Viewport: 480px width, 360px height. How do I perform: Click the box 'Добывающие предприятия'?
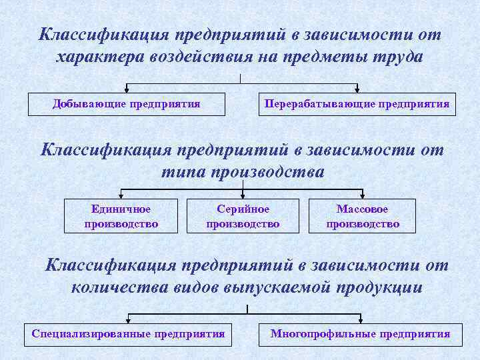(x=127, y=105)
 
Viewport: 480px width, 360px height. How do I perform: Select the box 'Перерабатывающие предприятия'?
(x=357, y=105)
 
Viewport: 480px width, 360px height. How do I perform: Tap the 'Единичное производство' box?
(x=121, y=216)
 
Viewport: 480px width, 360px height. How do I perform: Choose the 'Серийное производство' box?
(x=243, y=216)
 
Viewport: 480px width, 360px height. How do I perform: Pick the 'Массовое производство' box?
(x=362, y=216)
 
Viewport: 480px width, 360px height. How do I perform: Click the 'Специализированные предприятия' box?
(x=128, y=334)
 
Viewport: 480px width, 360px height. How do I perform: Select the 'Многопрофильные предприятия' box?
(x=360, y=334)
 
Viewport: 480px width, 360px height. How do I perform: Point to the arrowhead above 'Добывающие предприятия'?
(x=127, y=89)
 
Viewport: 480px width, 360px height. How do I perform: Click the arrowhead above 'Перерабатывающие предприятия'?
(x=358, y=89)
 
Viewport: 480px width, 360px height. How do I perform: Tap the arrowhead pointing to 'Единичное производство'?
(x=121, y=195)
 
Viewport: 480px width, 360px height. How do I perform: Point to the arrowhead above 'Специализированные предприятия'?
(x=128, y=319)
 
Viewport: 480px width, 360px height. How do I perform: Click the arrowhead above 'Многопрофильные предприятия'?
(x=361, y=319)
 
